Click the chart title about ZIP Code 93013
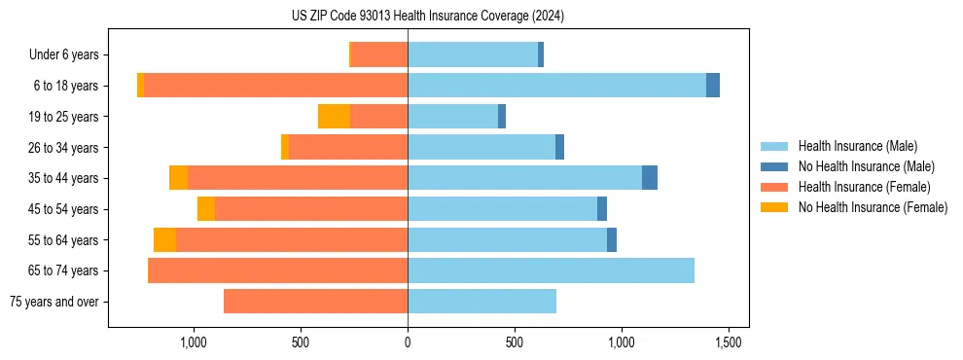[x=427, y=16]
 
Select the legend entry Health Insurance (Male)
[x=856, y=146]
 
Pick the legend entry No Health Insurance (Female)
[x=873, y=207]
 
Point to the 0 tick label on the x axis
[x=408, y=342]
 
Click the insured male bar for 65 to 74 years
[x=551, y=270]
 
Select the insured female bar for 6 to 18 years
[x=275, y=86]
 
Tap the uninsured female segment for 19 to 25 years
[x=334, y=117]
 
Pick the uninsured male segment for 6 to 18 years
[x=713, y=86]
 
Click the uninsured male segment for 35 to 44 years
[x=650, y=178]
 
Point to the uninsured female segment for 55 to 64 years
[x=164, y=240]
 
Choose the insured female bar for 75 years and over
[x=315, y=302]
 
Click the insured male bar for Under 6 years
[x=473, y=54]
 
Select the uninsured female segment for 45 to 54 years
[x=206, y=209]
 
